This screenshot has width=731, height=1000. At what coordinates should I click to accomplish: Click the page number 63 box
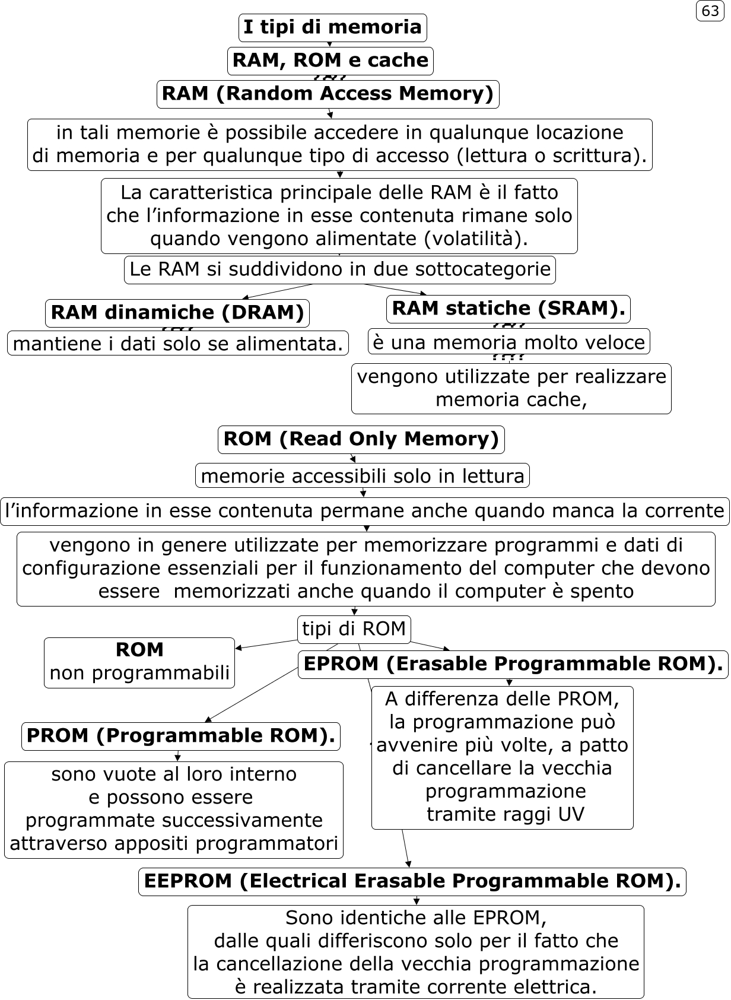point(710,11)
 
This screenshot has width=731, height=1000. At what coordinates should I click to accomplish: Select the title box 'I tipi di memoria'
point(332,27)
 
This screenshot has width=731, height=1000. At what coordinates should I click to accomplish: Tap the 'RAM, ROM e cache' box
point(330,61)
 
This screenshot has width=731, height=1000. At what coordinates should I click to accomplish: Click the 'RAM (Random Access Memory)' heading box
point(328,94)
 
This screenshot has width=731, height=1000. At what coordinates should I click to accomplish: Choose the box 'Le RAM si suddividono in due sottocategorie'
point(339,269)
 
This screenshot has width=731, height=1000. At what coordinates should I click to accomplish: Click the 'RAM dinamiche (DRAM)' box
point(177,313)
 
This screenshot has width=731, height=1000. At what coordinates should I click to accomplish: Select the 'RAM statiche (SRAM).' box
point(508,309)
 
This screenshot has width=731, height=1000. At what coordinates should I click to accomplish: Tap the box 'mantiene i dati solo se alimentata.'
point(177,343)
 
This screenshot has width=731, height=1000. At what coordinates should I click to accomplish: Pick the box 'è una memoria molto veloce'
point(508,342)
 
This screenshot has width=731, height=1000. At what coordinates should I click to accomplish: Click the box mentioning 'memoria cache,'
point(511,388)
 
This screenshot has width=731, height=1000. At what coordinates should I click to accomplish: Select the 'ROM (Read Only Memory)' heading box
point(361,439)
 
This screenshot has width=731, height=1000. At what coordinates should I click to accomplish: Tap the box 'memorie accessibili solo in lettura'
point(362,475)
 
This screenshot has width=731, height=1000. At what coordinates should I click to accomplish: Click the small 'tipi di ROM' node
point(354,628)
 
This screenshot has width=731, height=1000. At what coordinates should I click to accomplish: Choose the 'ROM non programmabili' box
point(139,662)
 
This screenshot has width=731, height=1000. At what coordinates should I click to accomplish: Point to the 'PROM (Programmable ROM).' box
point(181,736)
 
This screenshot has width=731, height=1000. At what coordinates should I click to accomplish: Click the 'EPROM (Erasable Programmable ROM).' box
point(513,664)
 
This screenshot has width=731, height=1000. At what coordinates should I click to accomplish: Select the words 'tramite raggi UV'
point(506,814)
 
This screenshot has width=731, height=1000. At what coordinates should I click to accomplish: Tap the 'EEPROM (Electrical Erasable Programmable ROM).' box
point(412,881)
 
